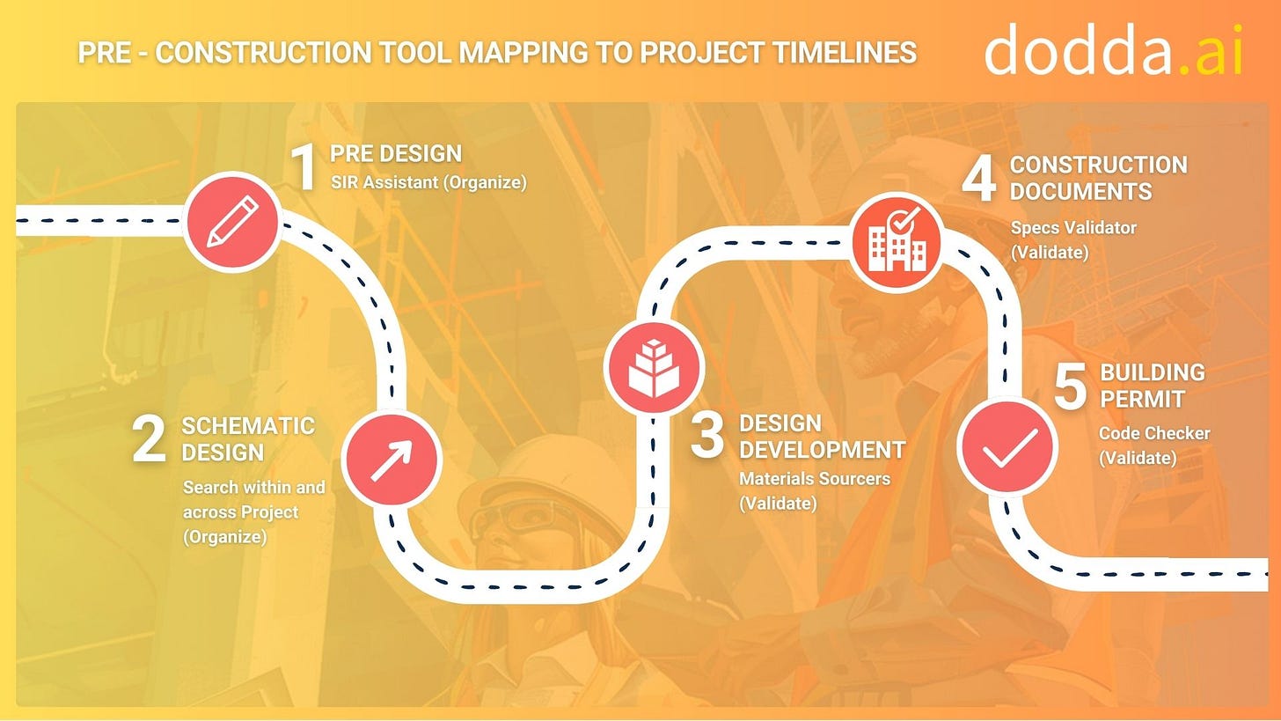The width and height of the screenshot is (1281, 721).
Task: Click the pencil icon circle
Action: pyautogui.click(x=231, y=221)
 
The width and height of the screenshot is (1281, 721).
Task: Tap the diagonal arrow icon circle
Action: pyautogui.click(x=391, y=460)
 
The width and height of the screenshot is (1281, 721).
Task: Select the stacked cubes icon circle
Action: pyautogui.click(x=653, y=367)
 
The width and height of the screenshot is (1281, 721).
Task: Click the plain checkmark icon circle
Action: pyautogui.click(x=1006, y=446)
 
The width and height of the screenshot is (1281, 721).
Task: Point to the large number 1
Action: pyautogui.click(x=304, y=167)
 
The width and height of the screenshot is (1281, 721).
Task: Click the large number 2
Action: pyautogui.click(x=149, y=439)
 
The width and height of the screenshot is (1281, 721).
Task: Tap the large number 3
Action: pyautogui.click(x=706, y=437)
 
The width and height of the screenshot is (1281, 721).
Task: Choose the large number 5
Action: pyautogui.click(x=1071, y=386)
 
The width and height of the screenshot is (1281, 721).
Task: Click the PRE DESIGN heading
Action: pyautogui.click(x=396, y=153)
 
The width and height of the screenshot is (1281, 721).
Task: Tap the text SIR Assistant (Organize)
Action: pyautogui.click(x=428, y=182)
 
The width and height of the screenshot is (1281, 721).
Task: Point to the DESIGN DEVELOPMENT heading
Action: pyautogui.click(x=822, y=437)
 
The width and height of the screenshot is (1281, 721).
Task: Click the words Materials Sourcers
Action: pyautogui.click(x=815, y=479)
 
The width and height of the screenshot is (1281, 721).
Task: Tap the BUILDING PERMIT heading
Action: pyautogui.click(x=1153, y=386)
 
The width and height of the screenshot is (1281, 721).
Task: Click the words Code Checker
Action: pyautogui.click(x=1154, y=433)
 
